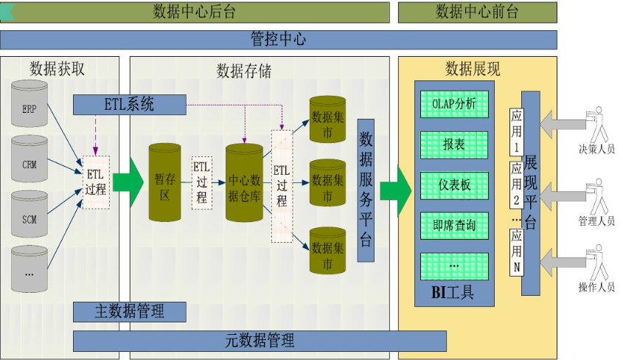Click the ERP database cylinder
pyautogui.click(x=29, y=107)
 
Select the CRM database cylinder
pyautogui.click(x=29, y=162)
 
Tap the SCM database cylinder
pyautogui.click(x=29, y=218)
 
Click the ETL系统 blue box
pyautogui.click(x=129, y=105)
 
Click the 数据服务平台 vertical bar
pyautogui.click(x=366, y=190)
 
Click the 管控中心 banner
pyautogui.click(x=278, y=39)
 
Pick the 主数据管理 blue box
pyautogui.click(x=129, y=311)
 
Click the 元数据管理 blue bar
pyautogui.click(x=260, y=341)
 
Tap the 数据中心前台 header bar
pyautogui.click(x=477, y=12)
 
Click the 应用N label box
pyautogui.click(x=516, y=252)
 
